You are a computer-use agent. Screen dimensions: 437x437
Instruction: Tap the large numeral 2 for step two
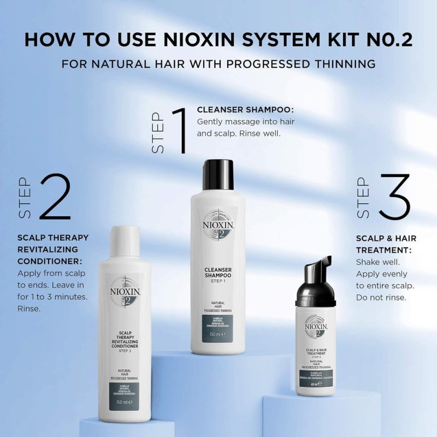[x=55, y=197]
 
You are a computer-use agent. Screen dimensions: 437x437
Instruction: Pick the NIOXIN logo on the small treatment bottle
[x=316, y=327]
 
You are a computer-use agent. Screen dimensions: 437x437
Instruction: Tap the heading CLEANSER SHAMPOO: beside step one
[x=245, y=110]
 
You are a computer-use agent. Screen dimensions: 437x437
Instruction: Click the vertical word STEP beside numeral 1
[x=157, y=133]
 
